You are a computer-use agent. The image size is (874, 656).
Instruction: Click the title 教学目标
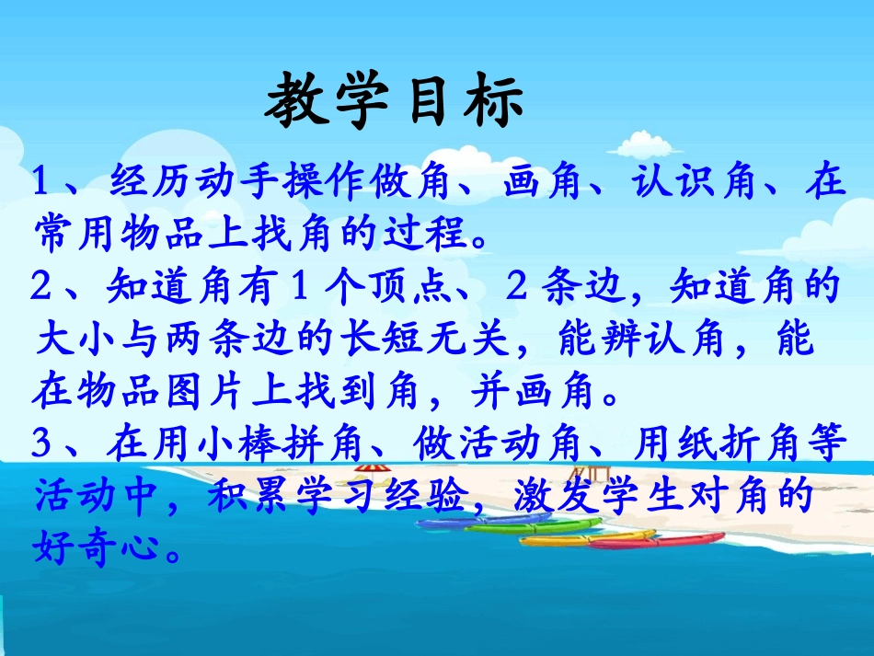click(x=395, y=102)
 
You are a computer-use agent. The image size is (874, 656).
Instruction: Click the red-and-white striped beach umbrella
click(x=367, y=469)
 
